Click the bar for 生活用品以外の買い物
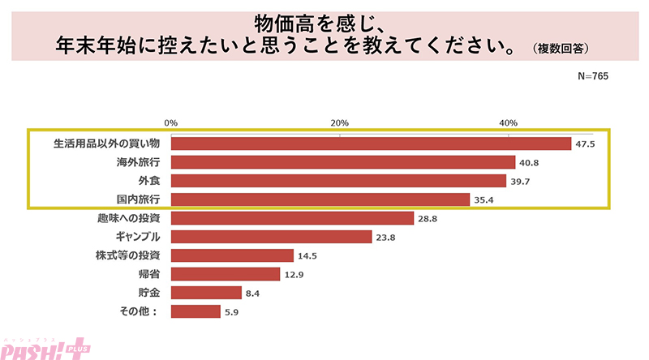pos(372,144)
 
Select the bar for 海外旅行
pos(343,162)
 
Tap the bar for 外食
pos(338,181)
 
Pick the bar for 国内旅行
pos(320,199)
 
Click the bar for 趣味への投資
pos(293,218)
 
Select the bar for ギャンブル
pos(272,237)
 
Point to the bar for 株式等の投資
pos(232,255)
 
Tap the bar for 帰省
pos(226,274)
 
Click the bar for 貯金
pos(206,293)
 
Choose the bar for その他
pos(196,311)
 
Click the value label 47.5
pos(586,144)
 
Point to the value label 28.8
pos(428,218)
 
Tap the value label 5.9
pos(233,311)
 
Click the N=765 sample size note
pos(592,75)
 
